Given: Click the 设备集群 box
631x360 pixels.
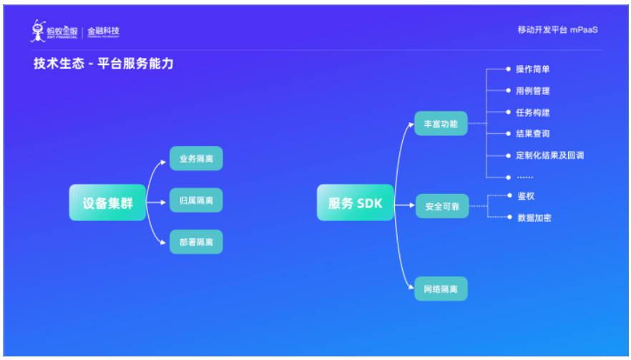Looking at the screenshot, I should click(107, 203).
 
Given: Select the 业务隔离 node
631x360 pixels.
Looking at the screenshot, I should click(196, 158).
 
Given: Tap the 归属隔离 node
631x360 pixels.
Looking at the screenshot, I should click(196, 200).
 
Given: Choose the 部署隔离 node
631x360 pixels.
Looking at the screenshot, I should click(196, 242).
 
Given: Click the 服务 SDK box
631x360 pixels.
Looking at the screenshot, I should click(355, 203).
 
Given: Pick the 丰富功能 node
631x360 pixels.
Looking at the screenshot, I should click(441, 124).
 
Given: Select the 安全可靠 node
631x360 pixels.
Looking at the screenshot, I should click(441, 206).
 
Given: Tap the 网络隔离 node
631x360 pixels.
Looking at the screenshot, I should click(441, 289).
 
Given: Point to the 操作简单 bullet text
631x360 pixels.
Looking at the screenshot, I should click(533, 69).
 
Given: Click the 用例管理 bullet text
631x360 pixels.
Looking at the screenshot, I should click(533, 91).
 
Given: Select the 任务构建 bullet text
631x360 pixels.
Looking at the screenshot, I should click(533, 112).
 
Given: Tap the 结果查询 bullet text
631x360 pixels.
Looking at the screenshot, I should click(533, 134).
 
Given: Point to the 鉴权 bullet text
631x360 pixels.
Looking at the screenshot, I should click(526, 195).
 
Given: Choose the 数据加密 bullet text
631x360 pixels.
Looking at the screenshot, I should click(534, 218).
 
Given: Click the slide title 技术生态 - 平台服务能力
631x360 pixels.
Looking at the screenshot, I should click(103, 64).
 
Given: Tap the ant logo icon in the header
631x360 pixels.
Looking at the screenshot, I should click(38, 31).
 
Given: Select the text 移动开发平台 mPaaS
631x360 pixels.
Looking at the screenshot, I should click(557, 30).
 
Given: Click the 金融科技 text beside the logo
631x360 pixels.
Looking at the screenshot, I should click(103, 31).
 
